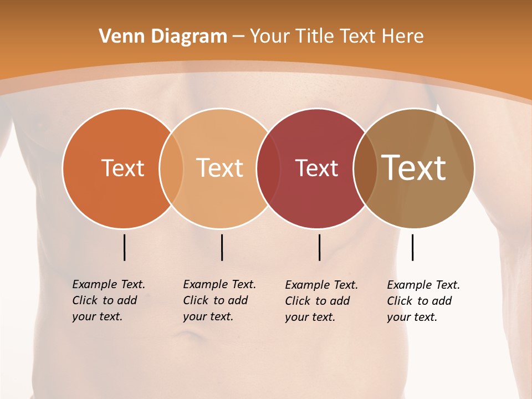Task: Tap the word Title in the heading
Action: (x=315, y=37)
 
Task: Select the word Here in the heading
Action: (x=403, y=37)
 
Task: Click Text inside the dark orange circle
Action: (x=122, y=168)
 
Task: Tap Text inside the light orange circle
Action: (x=220, y=168)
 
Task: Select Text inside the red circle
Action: (x=316, y=168)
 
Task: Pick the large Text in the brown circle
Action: (x=414, y=168)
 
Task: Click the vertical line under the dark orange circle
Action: (x=124, y=247)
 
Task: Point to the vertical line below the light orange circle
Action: (x=222, y=247)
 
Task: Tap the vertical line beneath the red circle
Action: (x=320, y=247)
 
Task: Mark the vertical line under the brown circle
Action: (x=412, y=247)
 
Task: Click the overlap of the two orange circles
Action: (x=171, y=168)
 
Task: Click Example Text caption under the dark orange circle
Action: (x=108, y=300)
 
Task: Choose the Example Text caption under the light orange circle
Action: (x=219, y=300)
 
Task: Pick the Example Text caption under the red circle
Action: (x=321, y=301)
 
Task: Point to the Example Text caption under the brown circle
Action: (x=423, y=301)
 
